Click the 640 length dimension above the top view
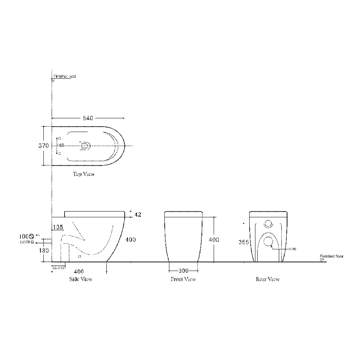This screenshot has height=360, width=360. click(88, 118)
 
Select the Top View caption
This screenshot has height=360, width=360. click(84, 174)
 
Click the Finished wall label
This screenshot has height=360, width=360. click(65, 76)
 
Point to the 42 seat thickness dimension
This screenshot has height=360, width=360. click(138, 215)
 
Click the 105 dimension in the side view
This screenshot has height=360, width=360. click(58, 227)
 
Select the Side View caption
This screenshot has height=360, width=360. click(81, 279)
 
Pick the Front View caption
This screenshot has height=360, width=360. click(183, 279)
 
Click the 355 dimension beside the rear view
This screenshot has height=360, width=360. click(244, 242)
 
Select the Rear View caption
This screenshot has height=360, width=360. click(267, 279)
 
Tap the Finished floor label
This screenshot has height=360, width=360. click(331, 256)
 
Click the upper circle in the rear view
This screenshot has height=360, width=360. click(268, 223)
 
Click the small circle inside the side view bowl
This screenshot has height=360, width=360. click(79, 256)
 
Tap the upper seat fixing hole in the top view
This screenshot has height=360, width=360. click(60, 138)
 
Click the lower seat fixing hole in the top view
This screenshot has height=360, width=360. click(60, 153)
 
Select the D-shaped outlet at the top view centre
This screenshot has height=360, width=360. click(86, 146)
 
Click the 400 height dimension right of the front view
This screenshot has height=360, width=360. click(214, 239)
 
